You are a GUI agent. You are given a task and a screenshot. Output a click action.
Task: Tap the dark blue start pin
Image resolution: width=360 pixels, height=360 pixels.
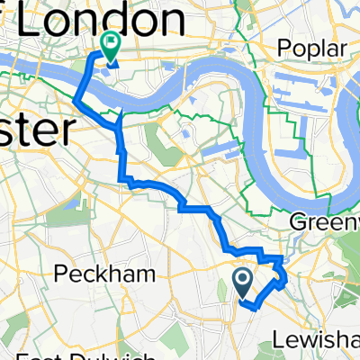coord(243,282)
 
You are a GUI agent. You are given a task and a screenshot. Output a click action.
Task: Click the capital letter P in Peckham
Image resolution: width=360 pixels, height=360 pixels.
coord(60,273)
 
